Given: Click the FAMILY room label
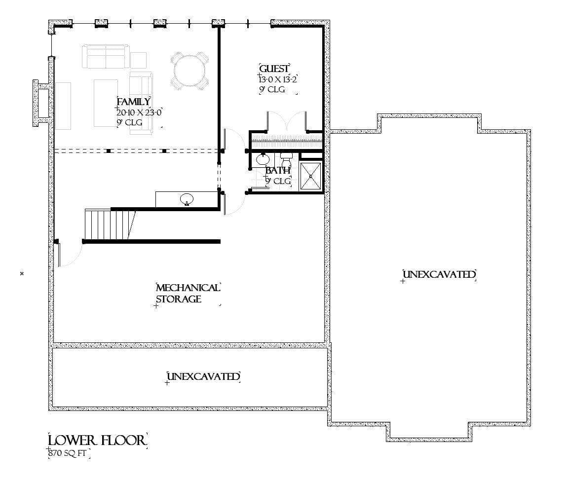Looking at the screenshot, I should [x=134, y=102].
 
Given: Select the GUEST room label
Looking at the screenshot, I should [x=274, y=69].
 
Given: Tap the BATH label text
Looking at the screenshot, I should [x=278, y=171].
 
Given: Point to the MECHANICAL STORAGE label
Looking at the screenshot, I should [x=188, y=294].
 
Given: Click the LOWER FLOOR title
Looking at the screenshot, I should [x=97, y=440].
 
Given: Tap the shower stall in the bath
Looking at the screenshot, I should [x=311, y=175].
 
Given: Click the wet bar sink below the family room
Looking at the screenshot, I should [x=187, y=199].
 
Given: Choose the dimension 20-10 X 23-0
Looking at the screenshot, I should [x=140, y=112].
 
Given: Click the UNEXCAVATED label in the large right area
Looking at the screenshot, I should [x=439, y=275].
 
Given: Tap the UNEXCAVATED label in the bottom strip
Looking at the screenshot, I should [x=203, y=377].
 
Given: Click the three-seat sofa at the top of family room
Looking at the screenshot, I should [x=106, y=56].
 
